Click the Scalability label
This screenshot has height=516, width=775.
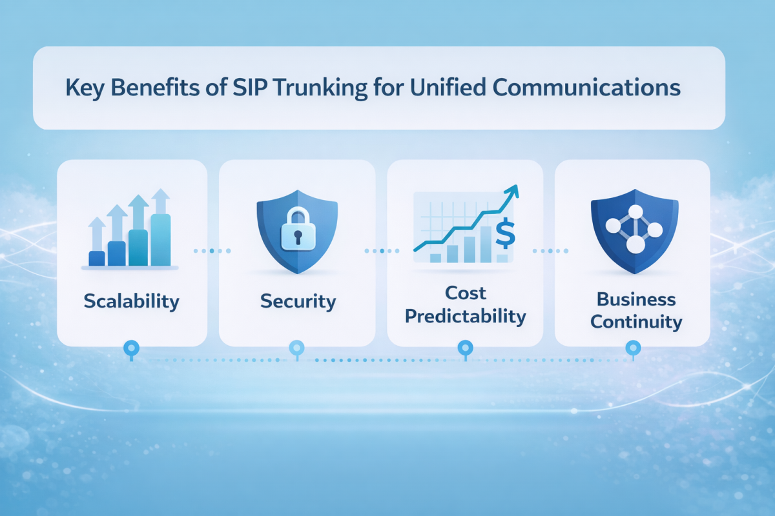132,301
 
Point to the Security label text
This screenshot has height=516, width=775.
298,301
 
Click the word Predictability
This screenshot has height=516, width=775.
466,316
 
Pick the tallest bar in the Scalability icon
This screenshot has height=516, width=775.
160,239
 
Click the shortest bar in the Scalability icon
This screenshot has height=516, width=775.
96,258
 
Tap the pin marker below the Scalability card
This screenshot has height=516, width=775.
131,349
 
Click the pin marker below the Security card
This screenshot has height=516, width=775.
296,349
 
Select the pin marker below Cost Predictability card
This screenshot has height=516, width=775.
464,349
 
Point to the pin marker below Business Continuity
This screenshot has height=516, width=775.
633,349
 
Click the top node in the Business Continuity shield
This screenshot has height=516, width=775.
635,212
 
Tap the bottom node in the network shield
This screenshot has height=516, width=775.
635,244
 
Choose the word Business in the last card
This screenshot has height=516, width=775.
636,299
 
